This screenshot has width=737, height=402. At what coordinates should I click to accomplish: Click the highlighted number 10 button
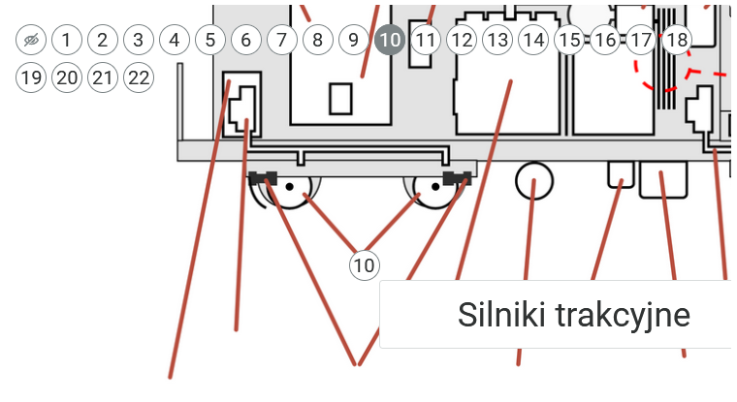[x=390, y=40]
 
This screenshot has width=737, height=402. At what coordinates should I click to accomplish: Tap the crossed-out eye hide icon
[x=31, y=40]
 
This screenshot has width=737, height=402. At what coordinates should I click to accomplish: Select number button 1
[x=67, y=40]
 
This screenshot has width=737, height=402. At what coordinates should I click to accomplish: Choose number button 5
[x=210, y=40]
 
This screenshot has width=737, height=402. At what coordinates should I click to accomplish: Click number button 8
[x=318, y=40]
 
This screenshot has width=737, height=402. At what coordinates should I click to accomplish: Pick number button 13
[x=497, y=40]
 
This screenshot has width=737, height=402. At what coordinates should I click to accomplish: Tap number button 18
[x=677, y=40]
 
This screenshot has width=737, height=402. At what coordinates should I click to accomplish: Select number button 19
[x=31, y=77]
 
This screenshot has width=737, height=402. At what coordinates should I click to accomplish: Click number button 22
[x=139, y=77]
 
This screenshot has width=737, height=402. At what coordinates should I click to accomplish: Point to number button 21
[x=103, y=77]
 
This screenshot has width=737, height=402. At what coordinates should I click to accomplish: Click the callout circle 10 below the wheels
[x=365, y=265]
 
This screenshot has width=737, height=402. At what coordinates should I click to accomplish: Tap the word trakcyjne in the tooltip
[x=624, y=316]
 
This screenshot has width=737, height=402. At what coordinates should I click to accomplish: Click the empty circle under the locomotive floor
[x=534, y=181]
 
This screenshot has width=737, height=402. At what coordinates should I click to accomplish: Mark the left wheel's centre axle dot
[x=290, y=187]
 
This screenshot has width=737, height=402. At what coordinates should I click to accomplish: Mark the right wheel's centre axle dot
[x=435, y=187]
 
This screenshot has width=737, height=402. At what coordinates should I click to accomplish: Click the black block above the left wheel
[x=263, y=178]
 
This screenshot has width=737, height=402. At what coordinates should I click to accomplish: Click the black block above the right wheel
[x=458, y=178]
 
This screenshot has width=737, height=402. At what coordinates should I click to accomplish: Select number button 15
[x=569, y=40]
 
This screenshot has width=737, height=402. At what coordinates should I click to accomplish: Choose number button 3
[x=139, y=40]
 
